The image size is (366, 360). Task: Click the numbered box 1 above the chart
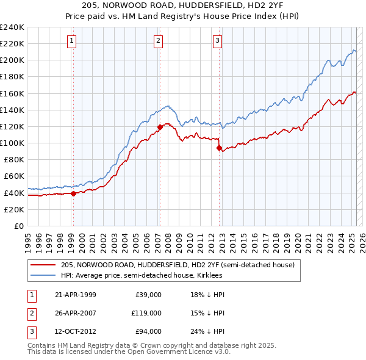[72, 41]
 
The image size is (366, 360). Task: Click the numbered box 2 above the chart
[158, 41]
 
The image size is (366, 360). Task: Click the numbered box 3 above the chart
[217, 41]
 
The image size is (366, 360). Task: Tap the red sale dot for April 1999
[73, 193]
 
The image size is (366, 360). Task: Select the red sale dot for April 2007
[160, 127]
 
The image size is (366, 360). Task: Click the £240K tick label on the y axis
[12, 27]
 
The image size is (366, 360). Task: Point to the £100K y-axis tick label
[12, 143]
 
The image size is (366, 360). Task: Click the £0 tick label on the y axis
[18, 226]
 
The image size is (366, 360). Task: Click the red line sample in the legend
[43, 265]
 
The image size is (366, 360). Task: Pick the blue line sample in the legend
[43, 275]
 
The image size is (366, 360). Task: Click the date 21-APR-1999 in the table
[76, 295]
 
